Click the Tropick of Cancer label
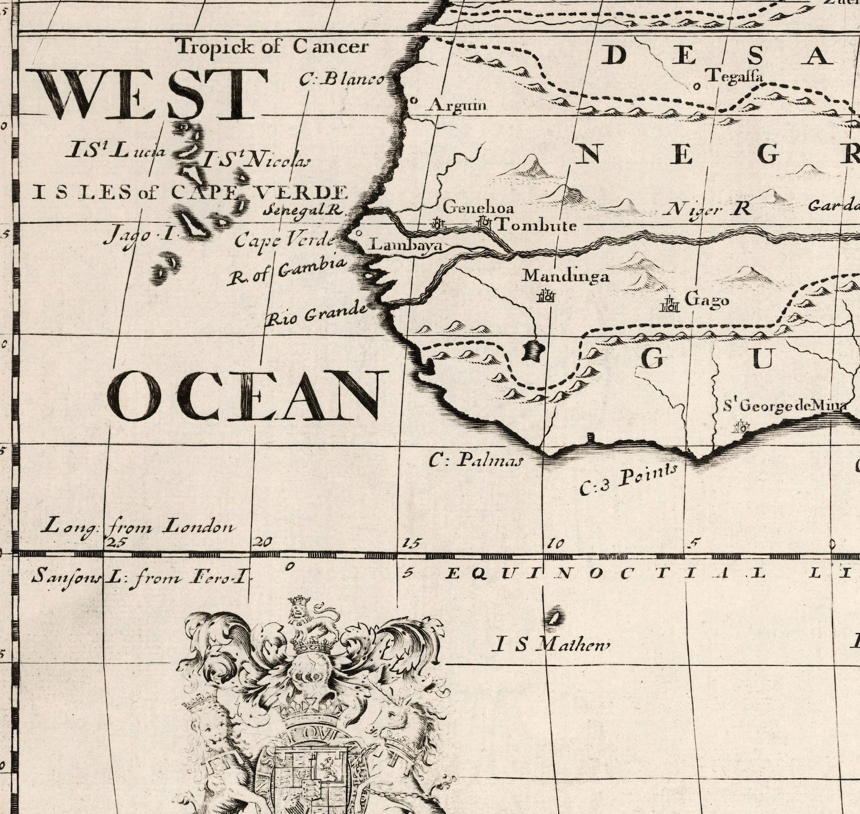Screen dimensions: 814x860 pos(273,47)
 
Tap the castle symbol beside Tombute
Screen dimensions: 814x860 pos(484,222)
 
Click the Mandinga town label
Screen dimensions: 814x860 pos(565,276)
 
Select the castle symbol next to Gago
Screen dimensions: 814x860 pos(670,305)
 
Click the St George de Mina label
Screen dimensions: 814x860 pos(785,406)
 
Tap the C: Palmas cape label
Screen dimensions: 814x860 pos(476,460)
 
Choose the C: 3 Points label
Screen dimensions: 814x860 pos(628,479)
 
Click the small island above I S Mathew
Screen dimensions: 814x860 pos(553,617)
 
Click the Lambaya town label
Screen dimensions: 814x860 pos(405,245)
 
